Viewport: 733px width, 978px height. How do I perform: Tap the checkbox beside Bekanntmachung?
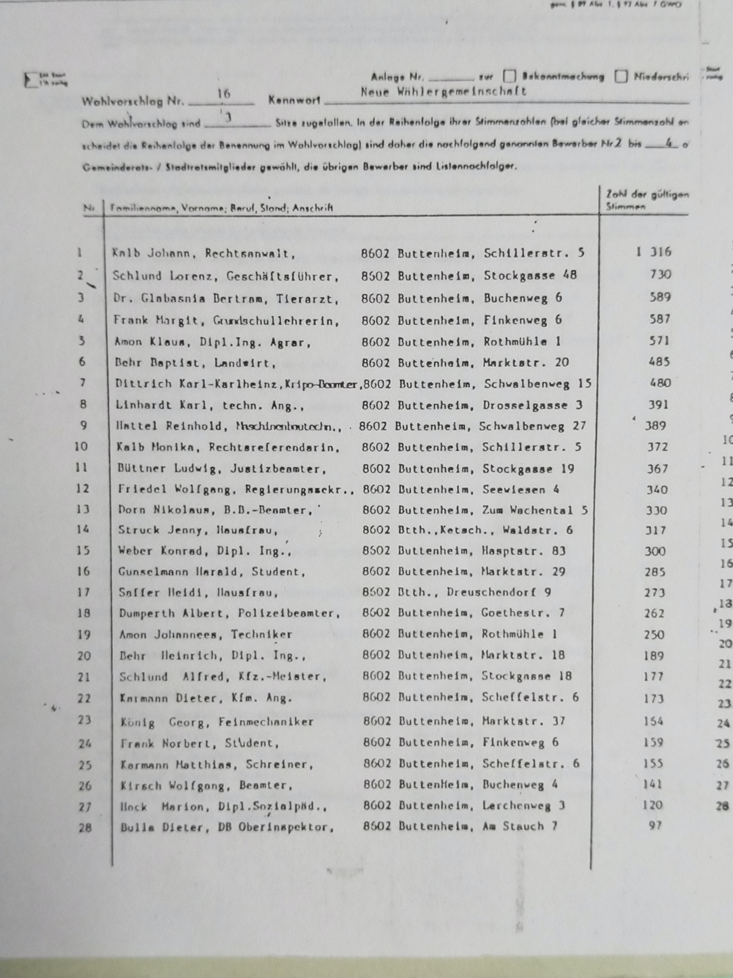click(509, 76)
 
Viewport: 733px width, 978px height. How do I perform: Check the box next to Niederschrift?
click(621, 76)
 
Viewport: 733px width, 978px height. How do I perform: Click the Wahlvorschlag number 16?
click(224, 94)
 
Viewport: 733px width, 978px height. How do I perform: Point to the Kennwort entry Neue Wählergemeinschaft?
click(443, 92)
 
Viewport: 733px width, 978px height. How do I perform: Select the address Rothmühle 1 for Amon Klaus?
click(521, 341)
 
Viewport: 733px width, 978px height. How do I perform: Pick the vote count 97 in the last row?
click(654, 826)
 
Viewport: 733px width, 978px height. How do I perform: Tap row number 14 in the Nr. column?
click(83, 529)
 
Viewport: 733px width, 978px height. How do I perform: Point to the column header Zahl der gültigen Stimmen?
click(646, 200)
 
